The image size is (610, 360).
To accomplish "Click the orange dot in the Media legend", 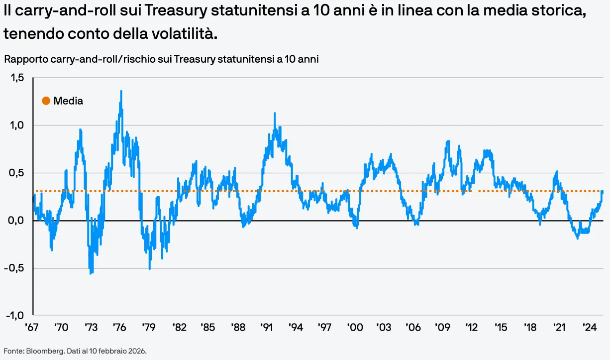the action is click(x=46, y=101).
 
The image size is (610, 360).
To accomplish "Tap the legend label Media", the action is click(x=68, y=101).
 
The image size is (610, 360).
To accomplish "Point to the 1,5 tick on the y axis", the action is click(x=17, y=78).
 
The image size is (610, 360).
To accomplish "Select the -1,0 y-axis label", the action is click(x=15, y=316).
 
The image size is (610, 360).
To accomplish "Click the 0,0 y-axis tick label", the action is click(x=16, y=221).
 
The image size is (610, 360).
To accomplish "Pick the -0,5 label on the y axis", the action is click(x=14, y=268).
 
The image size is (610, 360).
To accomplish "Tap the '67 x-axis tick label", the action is click(x=31, y=327).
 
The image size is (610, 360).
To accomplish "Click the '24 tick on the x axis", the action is click(x=590, y=327).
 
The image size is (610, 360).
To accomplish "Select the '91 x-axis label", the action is click(x=266, y=327).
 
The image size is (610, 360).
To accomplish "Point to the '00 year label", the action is click(x=355, y=327).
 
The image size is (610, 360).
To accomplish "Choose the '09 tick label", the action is click(x=442, y=327).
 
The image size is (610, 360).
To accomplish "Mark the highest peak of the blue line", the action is click(x=121, y=91).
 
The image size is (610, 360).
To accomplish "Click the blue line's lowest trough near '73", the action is click(x=91, y=273).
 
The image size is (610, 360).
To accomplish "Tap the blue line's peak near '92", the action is click(x=275, y=113).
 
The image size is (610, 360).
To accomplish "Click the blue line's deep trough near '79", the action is click(x=149, y=269).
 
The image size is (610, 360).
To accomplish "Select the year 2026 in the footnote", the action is click(x=137, y=351).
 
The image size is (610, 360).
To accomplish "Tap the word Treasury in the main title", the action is click(x=175, y=11).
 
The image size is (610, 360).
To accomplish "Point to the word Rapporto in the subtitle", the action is click(x=26, y=59).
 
